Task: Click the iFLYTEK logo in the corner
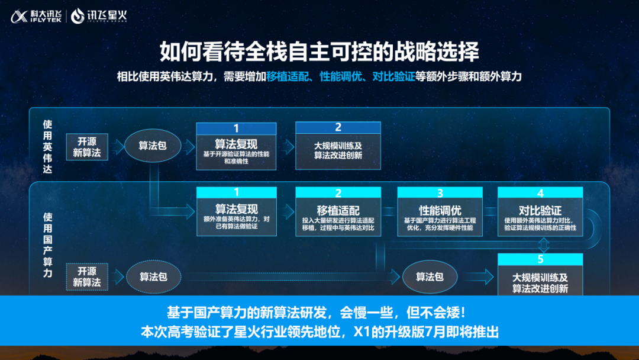click(36, 16)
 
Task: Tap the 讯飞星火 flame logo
click(77, 16)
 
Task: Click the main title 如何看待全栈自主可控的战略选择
click(319, 52)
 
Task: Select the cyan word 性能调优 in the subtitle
click(341, 76)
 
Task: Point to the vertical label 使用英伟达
click(48, 147)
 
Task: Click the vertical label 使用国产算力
click(48, 245)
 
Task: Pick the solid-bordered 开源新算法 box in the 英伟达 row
click(87, 147)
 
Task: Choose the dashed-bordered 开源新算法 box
click(87, 277)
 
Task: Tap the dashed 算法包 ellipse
click(153, 277)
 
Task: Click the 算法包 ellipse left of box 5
click(430, 277)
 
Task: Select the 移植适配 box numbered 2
click(338, 211)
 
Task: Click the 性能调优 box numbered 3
click(440, 211)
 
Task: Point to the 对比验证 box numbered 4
click(540, 211)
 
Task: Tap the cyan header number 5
click(540, 259)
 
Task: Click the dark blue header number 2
click(338, 127)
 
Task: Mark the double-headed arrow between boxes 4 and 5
click(544, 245)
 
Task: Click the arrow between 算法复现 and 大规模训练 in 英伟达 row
click(287, 147)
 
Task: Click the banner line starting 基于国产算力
click(316, 313)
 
